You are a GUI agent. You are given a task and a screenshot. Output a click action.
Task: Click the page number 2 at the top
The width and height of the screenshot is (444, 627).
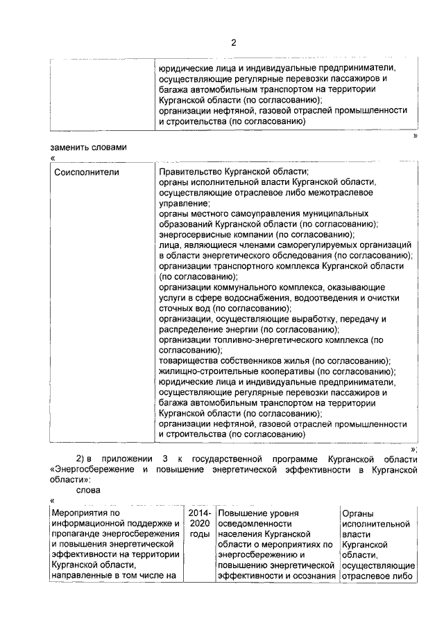(x=234, y=43)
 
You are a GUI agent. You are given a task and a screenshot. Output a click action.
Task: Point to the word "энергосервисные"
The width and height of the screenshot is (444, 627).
(x=196, y=235)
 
